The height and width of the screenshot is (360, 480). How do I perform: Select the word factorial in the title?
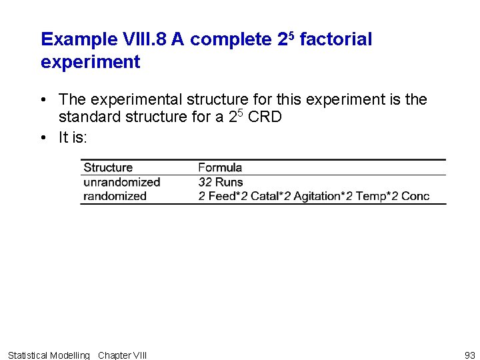tap(335, 39)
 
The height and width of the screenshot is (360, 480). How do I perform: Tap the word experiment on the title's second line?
tap(90, 63)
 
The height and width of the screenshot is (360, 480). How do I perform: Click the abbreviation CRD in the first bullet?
tap(265, 117)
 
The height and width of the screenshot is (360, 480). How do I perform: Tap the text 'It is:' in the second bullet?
tap(73, 137)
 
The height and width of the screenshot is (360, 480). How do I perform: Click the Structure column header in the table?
tap(108, 167)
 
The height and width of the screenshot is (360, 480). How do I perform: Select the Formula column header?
tap(220, 167)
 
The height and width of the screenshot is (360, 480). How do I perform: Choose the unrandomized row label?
tap(122, 182)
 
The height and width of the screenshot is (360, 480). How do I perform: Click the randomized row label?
tap(115, 196)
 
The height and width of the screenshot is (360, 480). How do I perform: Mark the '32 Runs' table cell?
tap(221, 182)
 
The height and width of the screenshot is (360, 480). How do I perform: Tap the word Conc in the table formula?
tap(415, 196)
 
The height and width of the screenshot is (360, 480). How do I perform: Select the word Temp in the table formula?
tap(371, 196)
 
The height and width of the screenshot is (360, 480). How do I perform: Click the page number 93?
tap(469, 355)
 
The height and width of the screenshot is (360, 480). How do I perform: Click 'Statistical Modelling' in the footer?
tap(48, 355)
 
